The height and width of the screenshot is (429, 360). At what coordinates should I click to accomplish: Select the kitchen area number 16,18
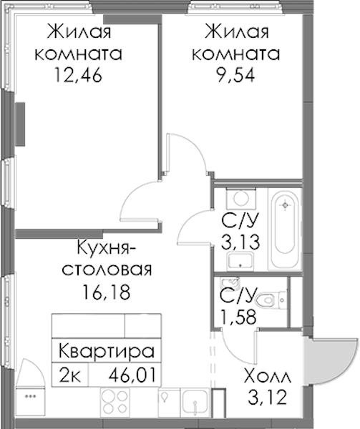click(107, 292)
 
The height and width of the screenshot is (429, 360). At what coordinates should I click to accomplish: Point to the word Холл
click(268, 376)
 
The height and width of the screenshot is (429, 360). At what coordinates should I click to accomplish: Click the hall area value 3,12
click(268, 398)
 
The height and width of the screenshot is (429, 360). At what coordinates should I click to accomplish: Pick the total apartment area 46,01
click(132, 375)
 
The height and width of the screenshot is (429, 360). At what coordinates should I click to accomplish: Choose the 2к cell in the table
click(70, 375)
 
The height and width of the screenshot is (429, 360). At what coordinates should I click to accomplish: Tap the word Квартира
click(107, 351)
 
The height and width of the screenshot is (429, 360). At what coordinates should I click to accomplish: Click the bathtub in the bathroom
click(285, 229)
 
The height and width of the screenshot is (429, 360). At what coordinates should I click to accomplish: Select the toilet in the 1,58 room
click(271, 300)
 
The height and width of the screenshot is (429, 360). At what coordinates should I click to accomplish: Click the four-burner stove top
click(115, 403)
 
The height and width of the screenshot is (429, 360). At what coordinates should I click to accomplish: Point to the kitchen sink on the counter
click(195, 403)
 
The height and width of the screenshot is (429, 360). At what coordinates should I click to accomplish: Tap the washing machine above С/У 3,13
click(241, 198)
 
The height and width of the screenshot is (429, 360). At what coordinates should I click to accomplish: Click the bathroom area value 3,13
click(240, 242)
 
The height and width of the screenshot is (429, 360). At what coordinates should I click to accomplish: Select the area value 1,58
click(238, 317)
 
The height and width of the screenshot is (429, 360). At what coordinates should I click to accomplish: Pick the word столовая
click(107, 270)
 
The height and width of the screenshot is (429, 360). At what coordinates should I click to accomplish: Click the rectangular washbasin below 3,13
click(240, 261)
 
